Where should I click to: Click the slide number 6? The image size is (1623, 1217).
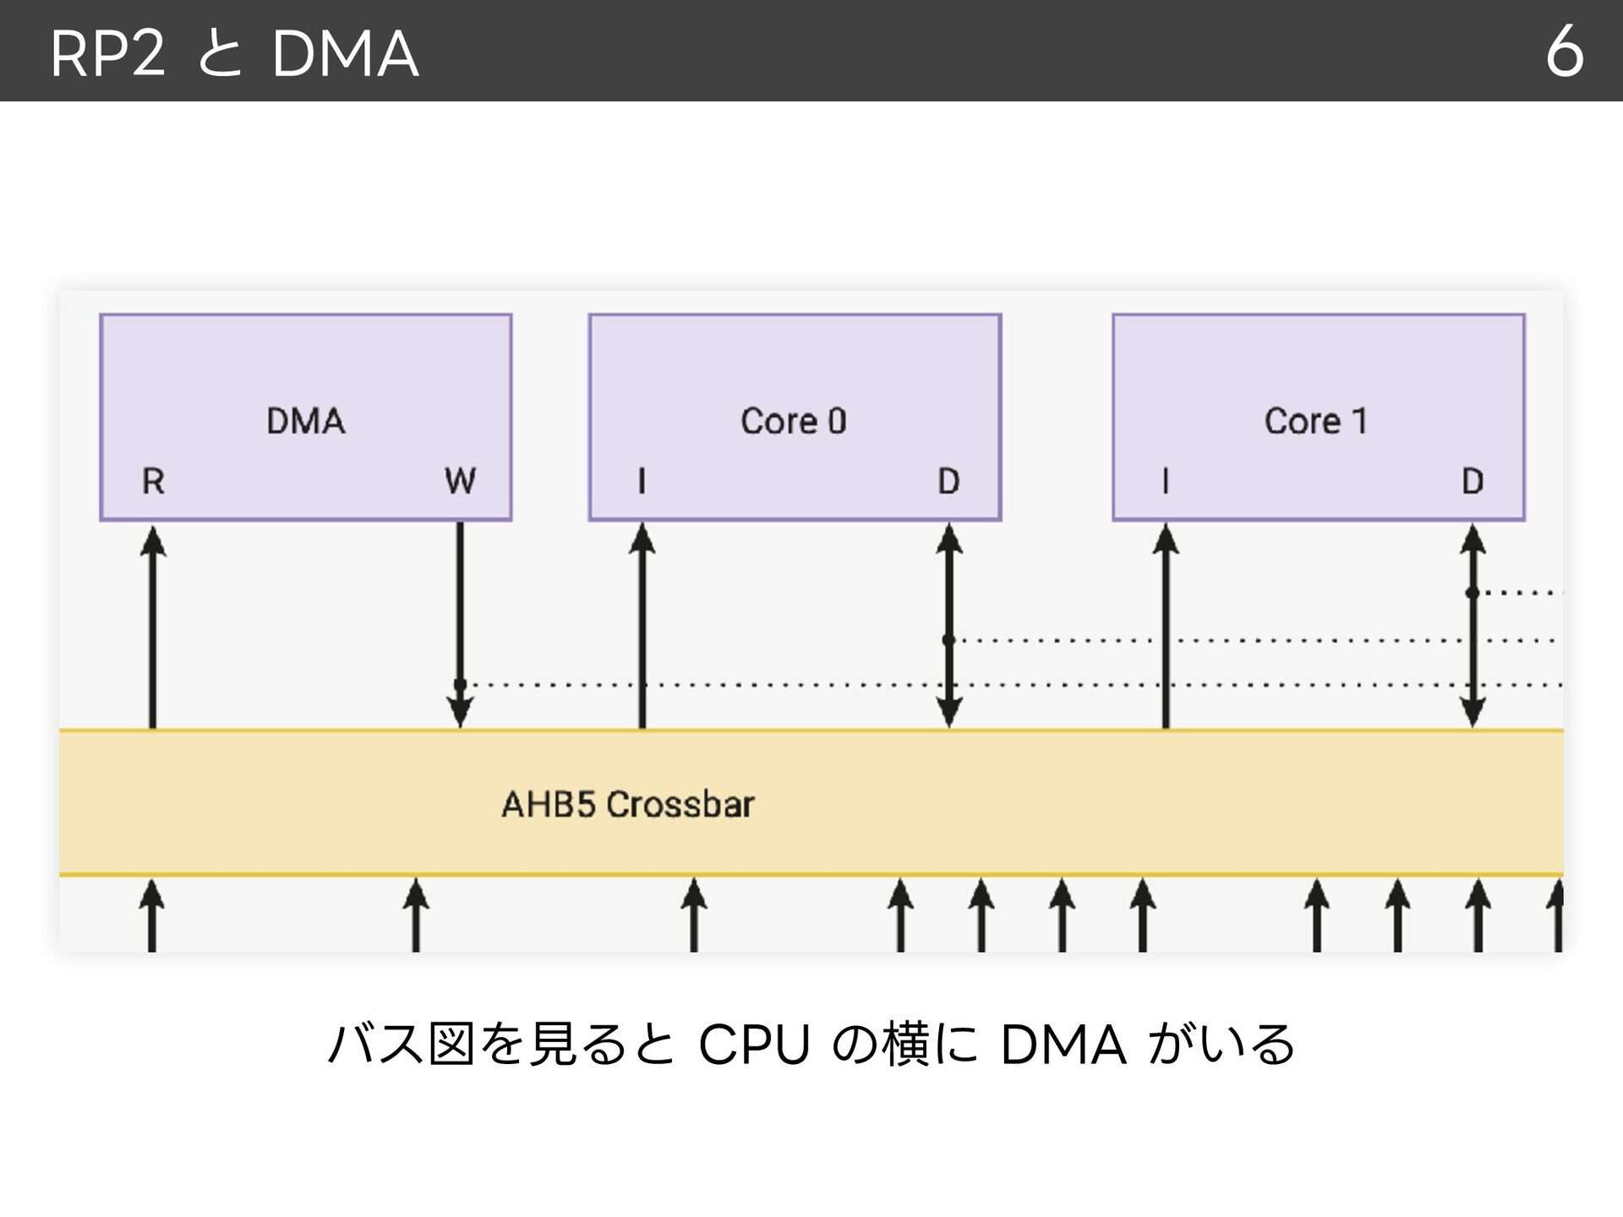pos(1564,52)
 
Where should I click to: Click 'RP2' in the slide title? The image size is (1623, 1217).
pos(107,54)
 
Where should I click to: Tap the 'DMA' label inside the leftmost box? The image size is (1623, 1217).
pos(306,421)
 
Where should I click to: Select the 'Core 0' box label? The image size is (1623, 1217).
pos(793,421)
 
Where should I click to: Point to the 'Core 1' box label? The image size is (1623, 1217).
pos(1315,421)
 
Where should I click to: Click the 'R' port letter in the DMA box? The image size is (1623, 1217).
pos(153,481)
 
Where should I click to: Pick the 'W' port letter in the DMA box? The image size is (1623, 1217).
pos(460,481)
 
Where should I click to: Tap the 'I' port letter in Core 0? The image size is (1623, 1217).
pos(642,481)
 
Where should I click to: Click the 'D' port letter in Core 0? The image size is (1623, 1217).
pos(948,481)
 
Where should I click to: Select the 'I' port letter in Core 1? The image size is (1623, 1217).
pos(1166,481)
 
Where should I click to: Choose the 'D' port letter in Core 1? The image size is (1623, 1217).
pos(1473,481)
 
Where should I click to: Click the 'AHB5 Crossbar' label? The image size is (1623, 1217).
pos(628,805)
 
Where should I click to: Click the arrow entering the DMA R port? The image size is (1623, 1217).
pos(153,626)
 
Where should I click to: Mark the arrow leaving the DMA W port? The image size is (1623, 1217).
pos(460,625)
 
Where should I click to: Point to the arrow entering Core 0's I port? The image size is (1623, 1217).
pos(642,625)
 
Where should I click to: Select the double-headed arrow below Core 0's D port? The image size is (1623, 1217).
pos(949,625)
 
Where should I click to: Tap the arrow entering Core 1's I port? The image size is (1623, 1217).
pos(1166,625)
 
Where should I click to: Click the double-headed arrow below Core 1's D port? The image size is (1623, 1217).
pos(1473,625)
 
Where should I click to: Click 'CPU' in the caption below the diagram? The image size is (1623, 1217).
pos(754,1045)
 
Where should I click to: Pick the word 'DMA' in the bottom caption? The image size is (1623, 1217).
pos(1063,1045)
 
